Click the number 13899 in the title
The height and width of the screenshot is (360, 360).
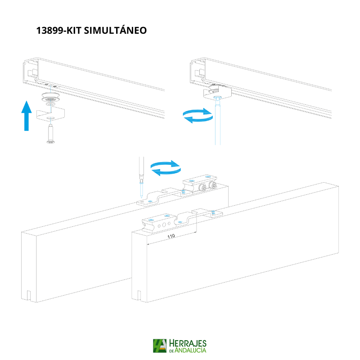pos(50,31)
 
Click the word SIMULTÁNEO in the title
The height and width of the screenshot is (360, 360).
pos(115,30)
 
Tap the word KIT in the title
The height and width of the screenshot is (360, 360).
pos(74,31)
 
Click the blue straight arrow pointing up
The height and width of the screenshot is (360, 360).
pos(27,116)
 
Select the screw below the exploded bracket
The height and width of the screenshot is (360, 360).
pos(50,134)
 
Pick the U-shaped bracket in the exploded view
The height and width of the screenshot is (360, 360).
pos(50,114)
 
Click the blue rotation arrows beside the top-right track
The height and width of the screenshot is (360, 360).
pos(198,116)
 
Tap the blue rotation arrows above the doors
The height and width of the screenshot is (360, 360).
pos(166,168)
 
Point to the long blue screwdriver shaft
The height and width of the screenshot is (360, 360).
pos(218,121)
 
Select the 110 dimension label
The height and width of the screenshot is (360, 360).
pos(171,236)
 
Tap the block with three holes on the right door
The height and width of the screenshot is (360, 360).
pos(159,223)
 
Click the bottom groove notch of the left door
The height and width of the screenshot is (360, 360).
pos(29,296)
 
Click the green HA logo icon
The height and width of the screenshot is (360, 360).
pos(160,346)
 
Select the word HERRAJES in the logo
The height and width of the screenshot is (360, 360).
pos(188,343)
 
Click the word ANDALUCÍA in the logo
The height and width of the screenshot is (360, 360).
pos(190,350)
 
